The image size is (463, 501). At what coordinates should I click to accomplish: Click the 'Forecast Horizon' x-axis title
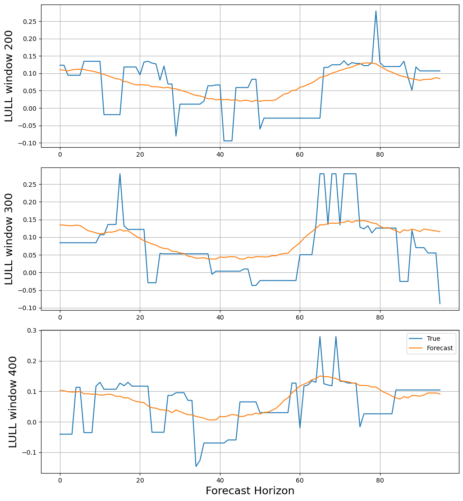pyautogui.click(x=250, y=491)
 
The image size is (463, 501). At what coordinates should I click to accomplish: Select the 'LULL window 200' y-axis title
pyautogui.click(x=9, y=76)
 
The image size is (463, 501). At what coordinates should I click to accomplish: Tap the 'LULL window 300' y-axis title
pyautogui.click(x=9, y=239)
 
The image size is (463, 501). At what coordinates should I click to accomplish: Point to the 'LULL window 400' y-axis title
pyautogui.click(x=13, y=402)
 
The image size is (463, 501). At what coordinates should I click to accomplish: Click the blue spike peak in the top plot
pyautogui.click(x=376, y=11)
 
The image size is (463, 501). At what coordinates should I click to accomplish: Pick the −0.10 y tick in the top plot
pyautogui.click(x=28, y=143)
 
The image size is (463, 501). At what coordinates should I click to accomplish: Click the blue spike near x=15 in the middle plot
pyautogui.click(x=120, y=174)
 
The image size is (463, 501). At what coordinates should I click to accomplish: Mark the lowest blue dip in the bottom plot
pyautogui.click(x=196, y=466)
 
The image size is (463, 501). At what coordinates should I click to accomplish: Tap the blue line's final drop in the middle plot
pyautogui.click(x=440, y=303)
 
